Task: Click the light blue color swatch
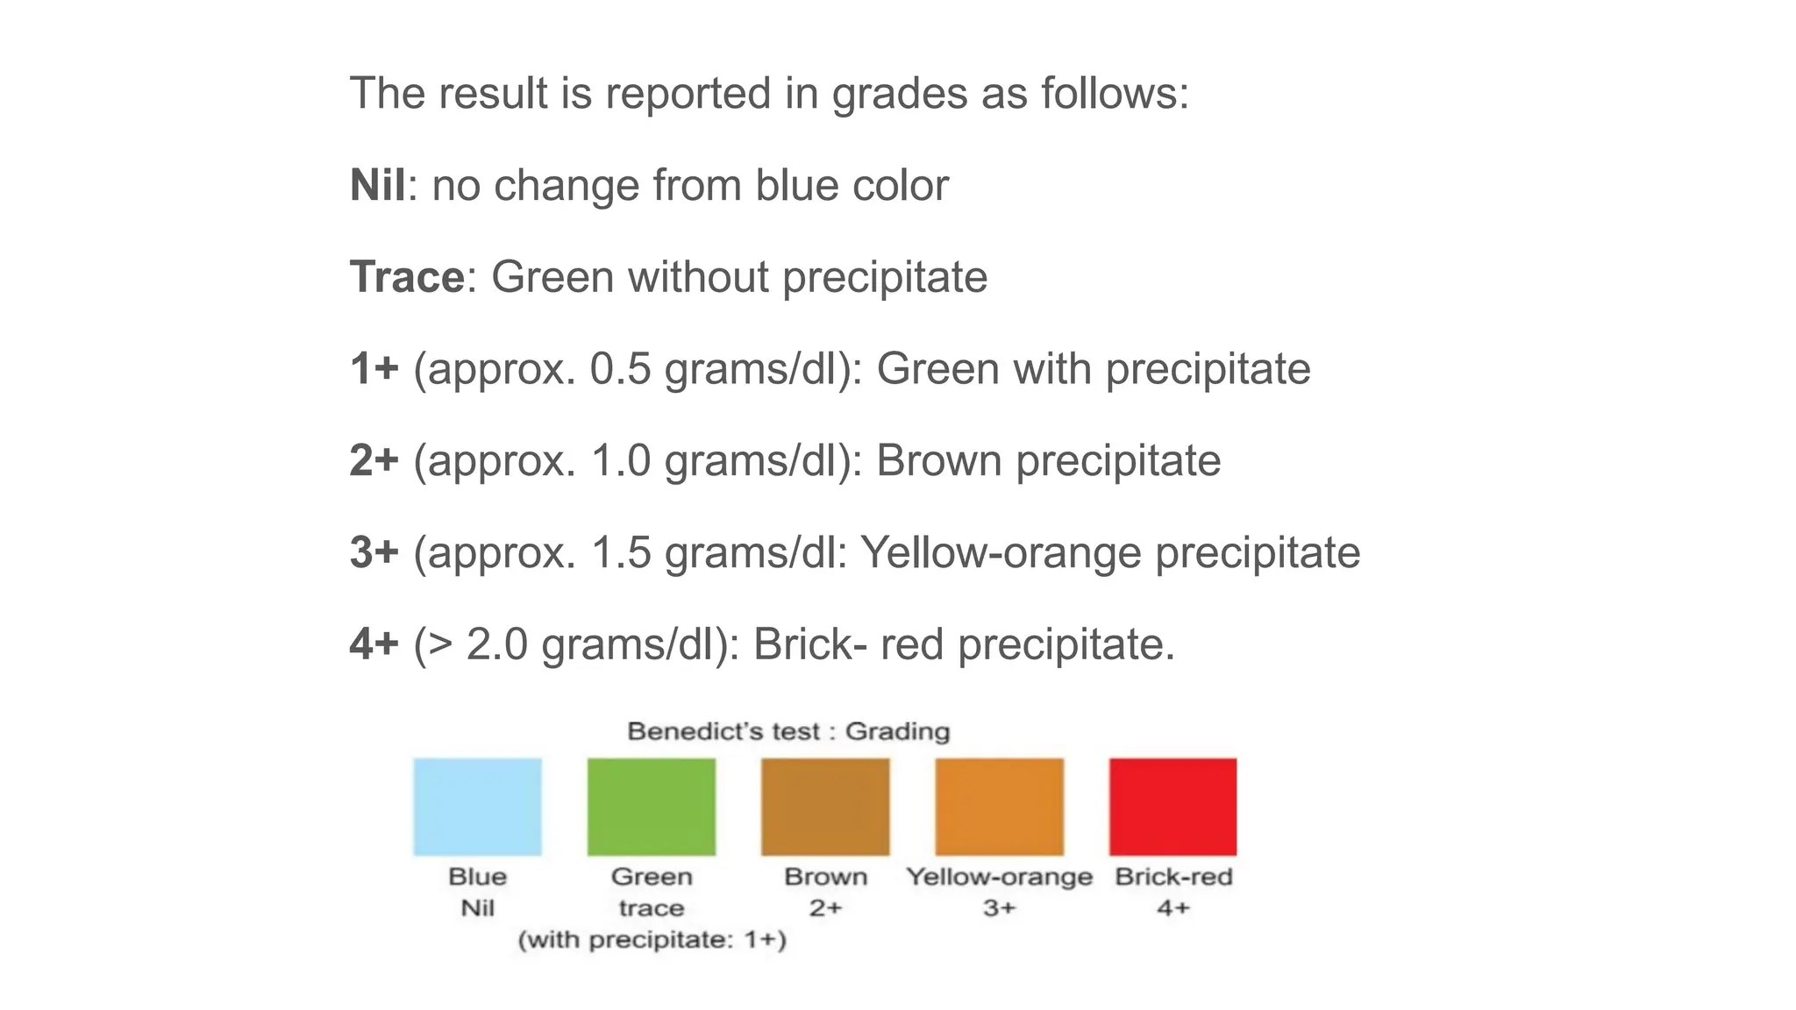pos(477,807)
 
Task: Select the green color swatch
pos(651,807)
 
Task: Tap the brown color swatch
pos(825,807)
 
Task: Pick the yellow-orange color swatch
pos(999,807)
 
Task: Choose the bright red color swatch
pos(1172,807)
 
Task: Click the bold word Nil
pos(377,185)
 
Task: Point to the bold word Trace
pos(407,277)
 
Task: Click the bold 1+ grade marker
pos(374,368)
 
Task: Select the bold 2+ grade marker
pos(374,460)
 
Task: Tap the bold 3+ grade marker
pos(374,552)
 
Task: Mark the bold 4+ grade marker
pos(374,644)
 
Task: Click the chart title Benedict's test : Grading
pos(788,731)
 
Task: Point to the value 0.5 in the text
pos(620,368)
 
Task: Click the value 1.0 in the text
pos(621,460)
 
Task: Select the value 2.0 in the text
pos(496,644)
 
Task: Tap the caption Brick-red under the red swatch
pos(1173,877)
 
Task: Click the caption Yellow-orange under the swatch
pos(999,877)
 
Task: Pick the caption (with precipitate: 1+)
pos(652,940)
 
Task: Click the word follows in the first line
pos(1114,93)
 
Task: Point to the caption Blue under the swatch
pos(477,877)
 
